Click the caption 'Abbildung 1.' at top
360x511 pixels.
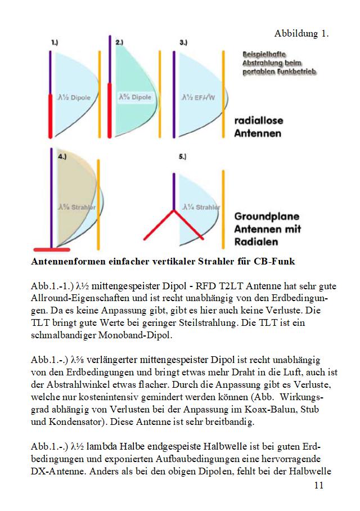pos(301,34)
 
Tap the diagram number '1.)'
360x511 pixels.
pos(55,42)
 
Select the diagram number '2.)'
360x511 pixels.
pos(119,42)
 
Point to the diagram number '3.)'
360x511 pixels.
pos(183,42)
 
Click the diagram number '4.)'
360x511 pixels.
pos(62,158)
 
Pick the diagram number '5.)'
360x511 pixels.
pos(183,158)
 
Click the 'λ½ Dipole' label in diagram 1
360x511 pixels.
pos(74,97)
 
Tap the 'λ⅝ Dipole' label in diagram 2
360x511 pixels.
pos(136,97)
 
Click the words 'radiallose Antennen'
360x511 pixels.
pos(258,127)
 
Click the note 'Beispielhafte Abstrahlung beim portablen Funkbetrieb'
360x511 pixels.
pos(279,63)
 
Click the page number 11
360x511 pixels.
pos(319,486)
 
